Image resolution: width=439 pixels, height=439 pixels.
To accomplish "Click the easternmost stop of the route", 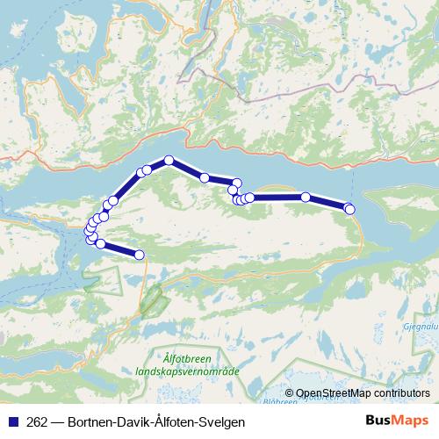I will coord(349,209).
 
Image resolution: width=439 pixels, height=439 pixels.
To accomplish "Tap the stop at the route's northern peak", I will coord(169,160).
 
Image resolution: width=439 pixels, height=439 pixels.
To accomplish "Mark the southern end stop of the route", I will coord(139,255).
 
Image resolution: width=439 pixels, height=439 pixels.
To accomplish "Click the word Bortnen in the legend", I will coord(90,421).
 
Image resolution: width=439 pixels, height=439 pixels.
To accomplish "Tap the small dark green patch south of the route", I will coord(153,299).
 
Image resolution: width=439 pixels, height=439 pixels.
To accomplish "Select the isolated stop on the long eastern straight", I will coord(306,198).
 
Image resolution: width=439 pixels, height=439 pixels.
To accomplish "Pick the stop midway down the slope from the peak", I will coord(205,177).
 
